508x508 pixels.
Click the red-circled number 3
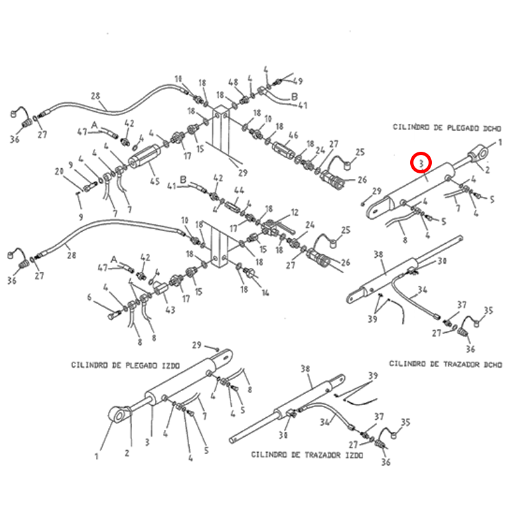420,163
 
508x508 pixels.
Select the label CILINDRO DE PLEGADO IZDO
126,366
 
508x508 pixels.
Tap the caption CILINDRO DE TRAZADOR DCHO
445,364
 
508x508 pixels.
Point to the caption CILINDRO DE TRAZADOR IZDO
307,455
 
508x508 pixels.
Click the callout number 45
154,182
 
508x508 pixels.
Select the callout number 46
293,136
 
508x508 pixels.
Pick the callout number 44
239,190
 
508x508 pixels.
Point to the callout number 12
294,212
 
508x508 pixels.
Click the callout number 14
265,293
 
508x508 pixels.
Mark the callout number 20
59,171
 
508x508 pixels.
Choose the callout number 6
90,297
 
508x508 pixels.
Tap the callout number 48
233,83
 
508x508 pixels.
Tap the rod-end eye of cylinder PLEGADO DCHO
479,152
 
